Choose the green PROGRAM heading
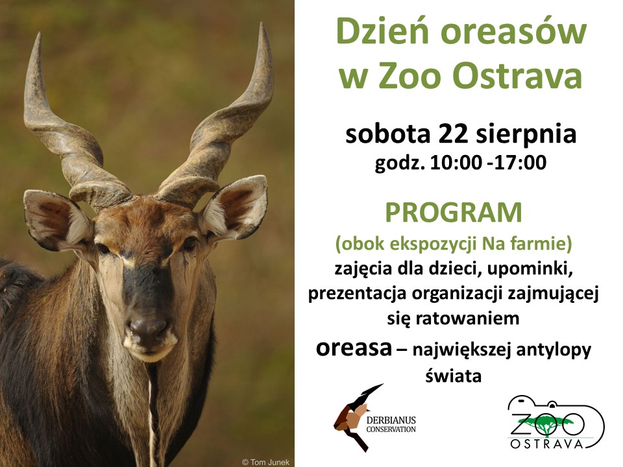click(454, 213)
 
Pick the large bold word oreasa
click(354, 348)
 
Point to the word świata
click(454, 375)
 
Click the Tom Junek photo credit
click(266, 462)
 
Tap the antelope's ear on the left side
click(57, 220)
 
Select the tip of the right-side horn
click(262, 24)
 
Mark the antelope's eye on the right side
click(189, 243)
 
